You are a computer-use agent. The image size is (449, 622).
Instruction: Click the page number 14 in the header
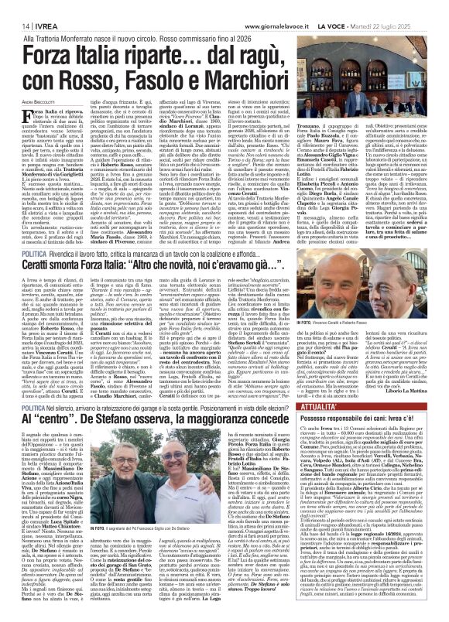(x=15, y=25)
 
